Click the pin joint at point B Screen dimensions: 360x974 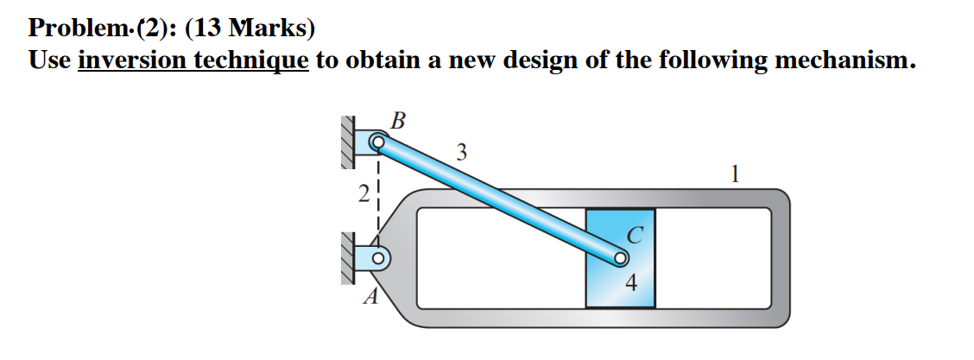pyautogui.click(x=377, y=141)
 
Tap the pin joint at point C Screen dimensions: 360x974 pyautogui.click(x=621, y=257)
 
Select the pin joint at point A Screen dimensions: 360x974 pyautogui.click(x=377, y=257)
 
